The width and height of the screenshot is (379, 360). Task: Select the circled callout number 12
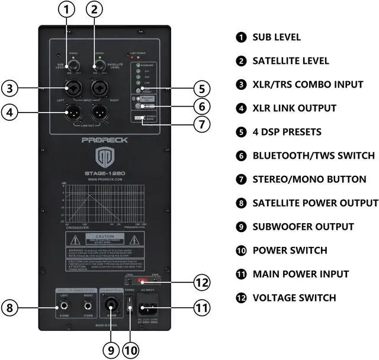pos(202,282)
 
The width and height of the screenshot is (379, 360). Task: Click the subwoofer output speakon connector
pos(110,307)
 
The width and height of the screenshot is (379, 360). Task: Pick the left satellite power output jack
pos(62,307)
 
